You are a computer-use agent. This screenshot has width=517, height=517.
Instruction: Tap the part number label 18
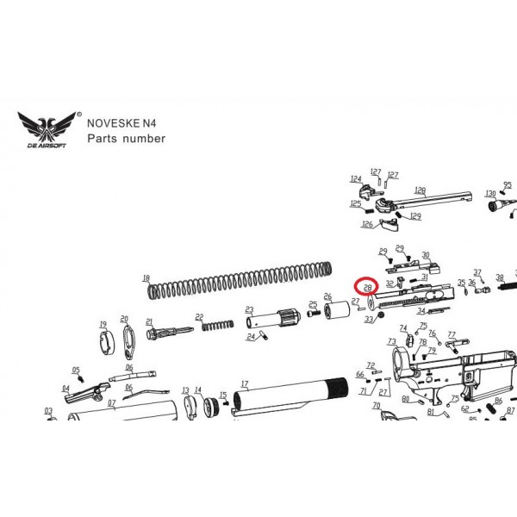coord(146,278)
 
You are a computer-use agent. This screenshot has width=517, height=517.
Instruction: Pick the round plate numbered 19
coord(103,341)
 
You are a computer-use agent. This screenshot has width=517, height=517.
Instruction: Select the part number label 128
coord(420,190)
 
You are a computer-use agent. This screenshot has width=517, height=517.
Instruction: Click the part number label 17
coord(245,383)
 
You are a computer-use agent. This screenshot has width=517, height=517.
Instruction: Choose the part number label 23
coord(249,308)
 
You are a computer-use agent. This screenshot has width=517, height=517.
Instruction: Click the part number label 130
coord(490,194)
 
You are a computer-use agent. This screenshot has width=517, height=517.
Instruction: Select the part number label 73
coord(392,341)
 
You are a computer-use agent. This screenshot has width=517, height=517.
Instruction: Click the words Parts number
coord(126,138)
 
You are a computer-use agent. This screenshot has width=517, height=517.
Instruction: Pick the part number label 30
coord(425,254)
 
